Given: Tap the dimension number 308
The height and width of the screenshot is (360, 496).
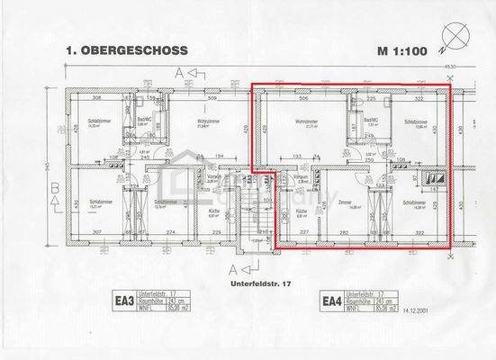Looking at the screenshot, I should point(96,97).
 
